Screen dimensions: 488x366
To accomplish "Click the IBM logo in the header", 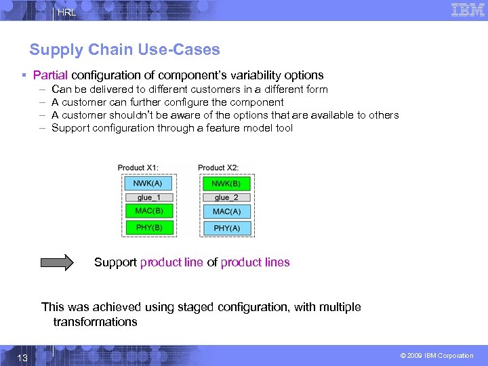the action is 468,10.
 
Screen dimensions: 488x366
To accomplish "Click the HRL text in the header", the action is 66,12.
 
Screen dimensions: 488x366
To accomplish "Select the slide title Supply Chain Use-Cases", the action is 125,49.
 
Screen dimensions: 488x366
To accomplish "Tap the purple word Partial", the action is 50,75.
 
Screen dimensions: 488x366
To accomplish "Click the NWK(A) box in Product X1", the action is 148,183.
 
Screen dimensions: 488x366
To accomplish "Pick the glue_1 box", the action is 148,197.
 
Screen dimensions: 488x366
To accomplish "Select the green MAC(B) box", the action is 148,211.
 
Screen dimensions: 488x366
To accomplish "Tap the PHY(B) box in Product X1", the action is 148,228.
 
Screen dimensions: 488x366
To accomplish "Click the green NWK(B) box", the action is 226,183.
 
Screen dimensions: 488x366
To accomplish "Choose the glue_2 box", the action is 226,197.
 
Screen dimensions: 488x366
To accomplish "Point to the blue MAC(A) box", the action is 226,211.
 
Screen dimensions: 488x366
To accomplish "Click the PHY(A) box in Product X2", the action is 226,228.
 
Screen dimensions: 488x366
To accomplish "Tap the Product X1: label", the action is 138,168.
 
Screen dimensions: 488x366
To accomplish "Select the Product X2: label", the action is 218,168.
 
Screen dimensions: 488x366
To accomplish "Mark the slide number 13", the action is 22,357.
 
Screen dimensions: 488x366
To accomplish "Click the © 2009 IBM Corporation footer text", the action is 436,356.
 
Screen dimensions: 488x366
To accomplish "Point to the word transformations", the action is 95,322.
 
